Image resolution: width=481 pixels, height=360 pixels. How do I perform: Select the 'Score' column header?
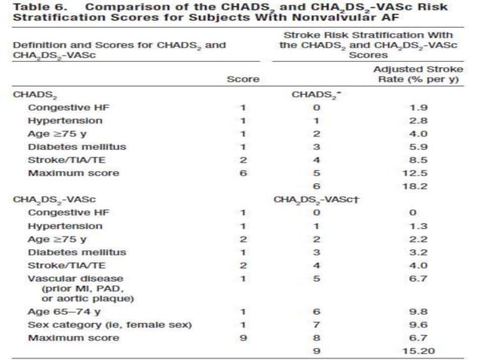click(x=243, y=78)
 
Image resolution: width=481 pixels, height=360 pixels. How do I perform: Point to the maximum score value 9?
click(x=243, y=338)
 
